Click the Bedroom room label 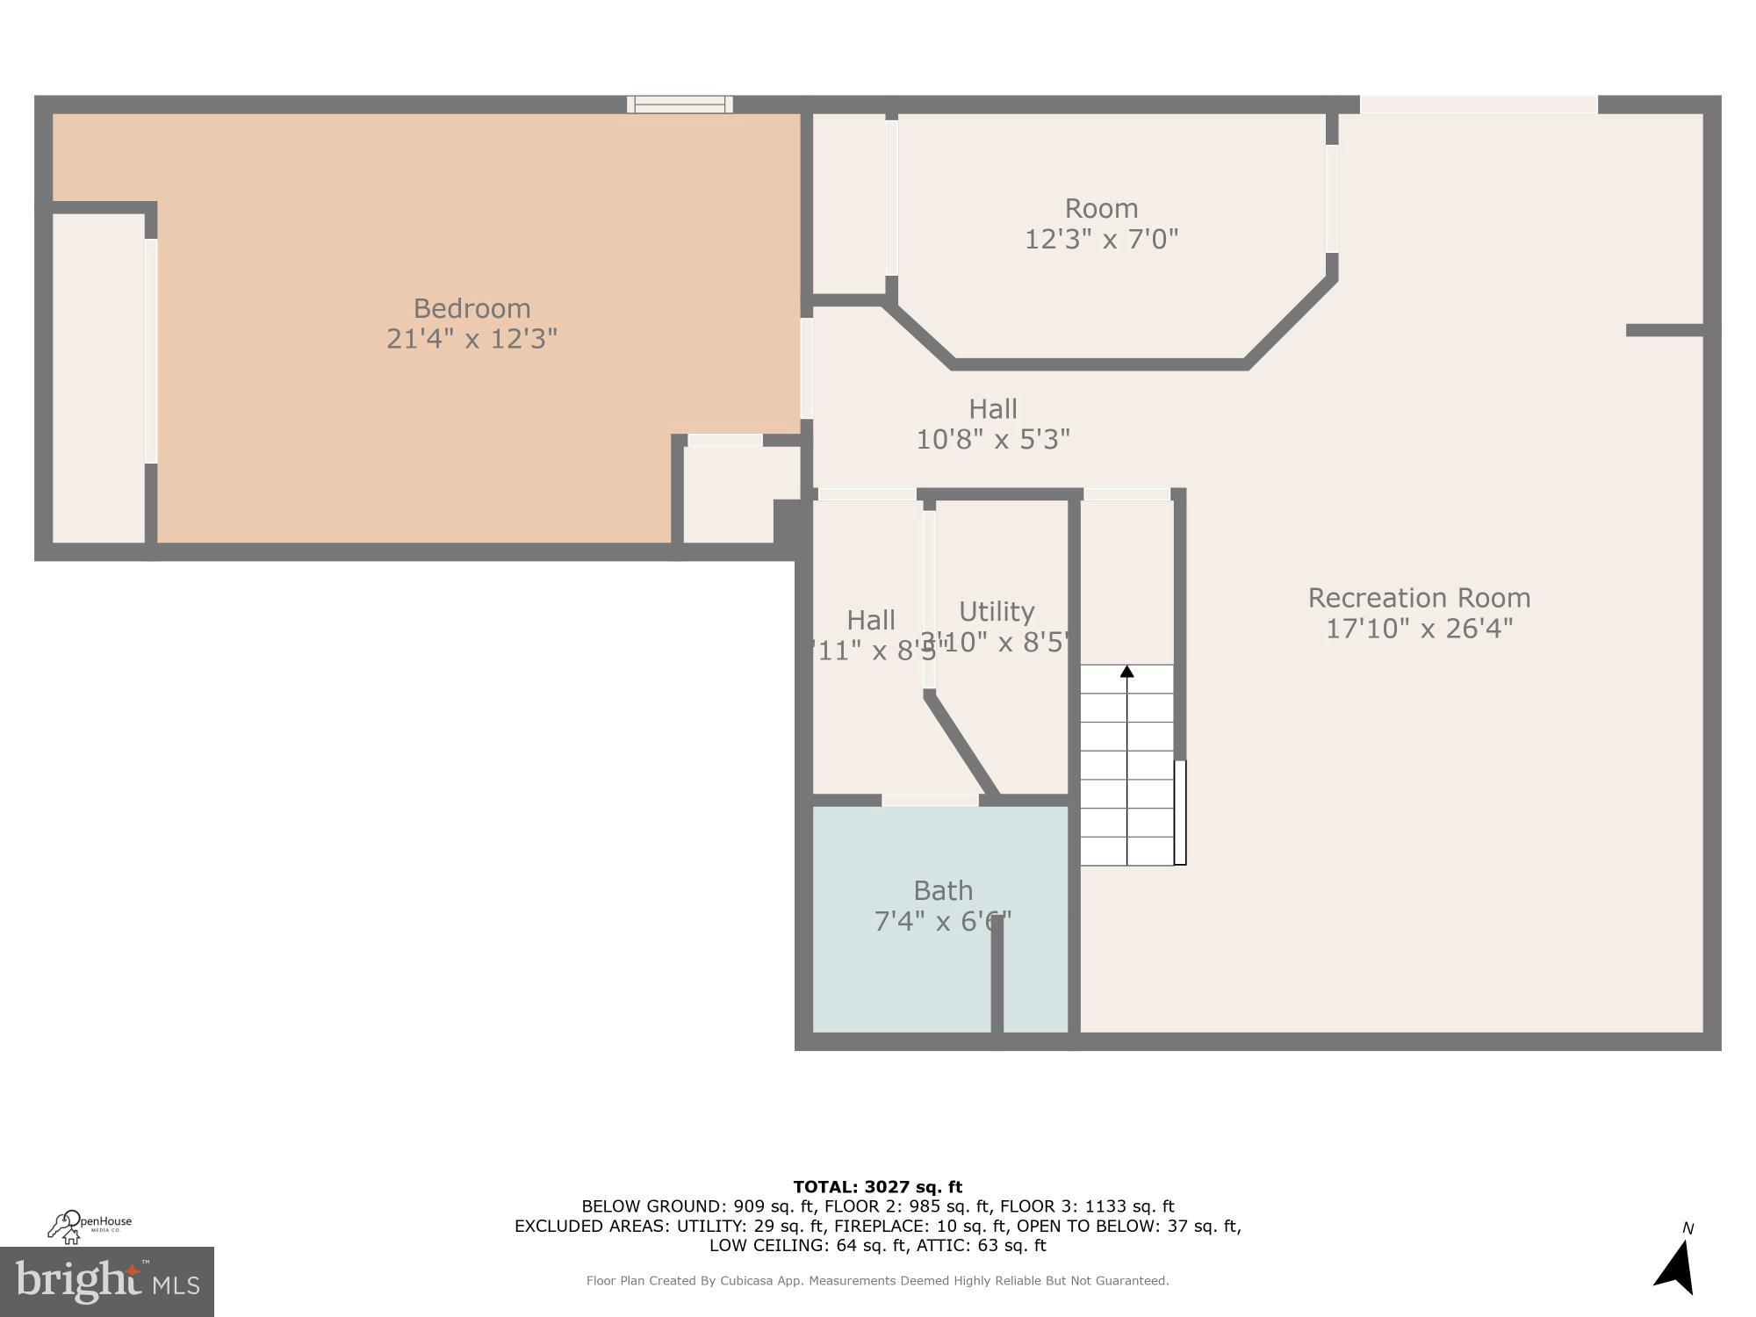(x=471, y=308)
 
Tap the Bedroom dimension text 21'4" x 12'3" (x=471, y=339)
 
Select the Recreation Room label (x=1419, y=598)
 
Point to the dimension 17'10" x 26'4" (x=1419, y=629)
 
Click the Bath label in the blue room (x=943, y=890)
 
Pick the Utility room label (x=997, y=611)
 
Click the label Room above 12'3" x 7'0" (x=1101, y=208)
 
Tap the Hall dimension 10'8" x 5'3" (x=993, y=439)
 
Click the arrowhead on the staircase (x=1126, y=672)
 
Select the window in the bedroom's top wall (x=680, y=104)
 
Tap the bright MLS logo (x=106, y=1281)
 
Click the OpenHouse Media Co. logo (x=88, y=1226)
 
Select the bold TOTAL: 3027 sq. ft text (x=877, y=1187)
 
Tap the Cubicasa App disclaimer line (x=877, y=1281)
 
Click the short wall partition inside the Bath (x=997, y=975)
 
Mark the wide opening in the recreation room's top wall (x=1479, y=104)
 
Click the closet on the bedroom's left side (x=98, y=378)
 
